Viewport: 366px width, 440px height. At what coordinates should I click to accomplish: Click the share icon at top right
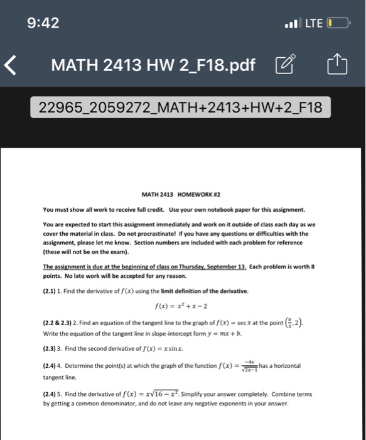point(336,63)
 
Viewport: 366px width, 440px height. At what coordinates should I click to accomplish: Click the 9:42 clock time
point(43,23)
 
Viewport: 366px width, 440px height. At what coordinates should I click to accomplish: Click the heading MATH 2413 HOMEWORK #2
point(183,194)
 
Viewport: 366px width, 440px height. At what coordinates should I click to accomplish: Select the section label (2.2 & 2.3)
point(61,324)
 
